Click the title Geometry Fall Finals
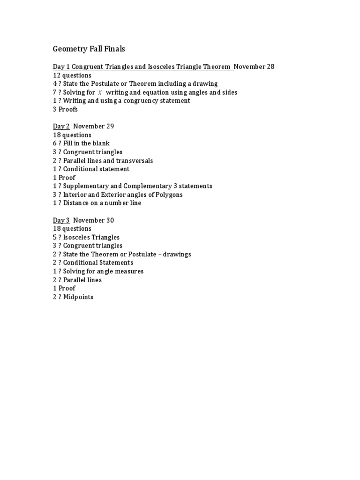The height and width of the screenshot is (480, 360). [x=89, y=49]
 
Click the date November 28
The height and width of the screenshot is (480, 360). [x=254, y=67]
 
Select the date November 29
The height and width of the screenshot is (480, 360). [x=94, y=126]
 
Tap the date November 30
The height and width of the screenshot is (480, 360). [x=94, y=220]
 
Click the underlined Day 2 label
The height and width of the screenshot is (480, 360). [x=61, y=126]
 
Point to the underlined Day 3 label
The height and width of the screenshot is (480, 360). [x=61, y=220]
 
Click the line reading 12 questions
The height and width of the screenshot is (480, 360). [x=72, y=75]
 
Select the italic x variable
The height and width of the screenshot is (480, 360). [x=99, y=92]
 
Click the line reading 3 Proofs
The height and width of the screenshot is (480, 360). [x=65, y=109]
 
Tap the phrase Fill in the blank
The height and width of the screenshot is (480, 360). [x=86, y=143]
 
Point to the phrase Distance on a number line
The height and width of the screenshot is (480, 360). [x=102, y=203]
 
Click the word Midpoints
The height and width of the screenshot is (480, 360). [x=78, y=297]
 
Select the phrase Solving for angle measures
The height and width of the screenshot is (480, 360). [x=103, y=271]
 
